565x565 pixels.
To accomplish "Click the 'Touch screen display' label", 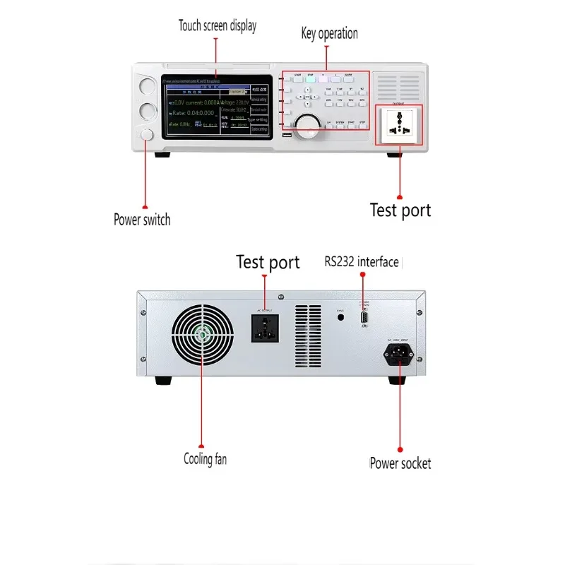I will pyautogui.click(x=217, y=26).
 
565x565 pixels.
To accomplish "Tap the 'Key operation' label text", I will pyautogui.click(x=329, y=33).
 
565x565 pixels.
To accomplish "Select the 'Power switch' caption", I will pyautogui.click(x=142, y=220).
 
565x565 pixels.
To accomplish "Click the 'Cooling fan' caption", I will pyautogui.click(x=205, y=459).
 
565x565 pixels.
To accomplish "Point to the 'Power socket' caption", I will pyautogui.click(x=400, y=463).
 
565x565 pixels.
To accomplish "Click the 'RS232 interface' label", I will pyautogui.click(x=362, y=262).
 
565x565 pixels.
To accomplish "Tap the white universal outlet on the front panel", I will pyautogui.click(x=398, y=124).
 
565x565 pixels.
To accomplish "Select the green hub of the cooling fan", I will pyautogui.click(x=202, y=335).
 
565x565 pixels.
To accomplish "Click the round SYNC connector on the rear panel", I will pyautogui.click(x=341, y=318).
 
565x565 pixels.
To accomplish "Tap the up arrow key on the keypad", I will pyautogui.click(x=307, y=90).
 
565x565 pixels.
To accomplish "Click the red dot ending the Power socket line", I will pyautogui.click(x=400, y=448).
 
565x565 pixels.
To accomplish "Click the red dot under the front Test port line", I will pyautogui.click(x=399, y=198).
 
